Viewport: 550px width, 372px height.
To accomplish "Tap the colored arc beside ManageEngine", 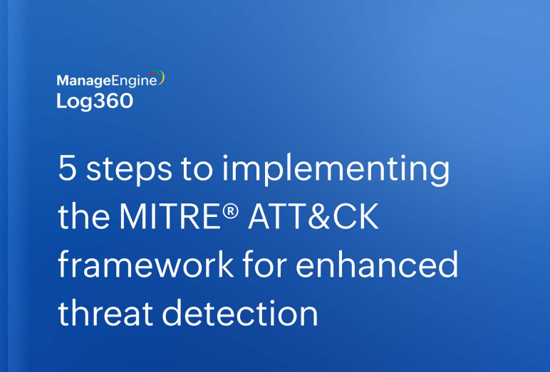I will click(162, 78).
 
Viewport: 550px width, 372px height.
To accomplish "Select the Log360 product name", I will click(95, 101).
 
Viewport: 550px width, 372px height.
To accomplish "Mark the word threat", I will click(103, 313).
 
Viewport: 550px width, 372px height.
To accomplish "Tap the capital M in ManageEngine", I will click(62, 80).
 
